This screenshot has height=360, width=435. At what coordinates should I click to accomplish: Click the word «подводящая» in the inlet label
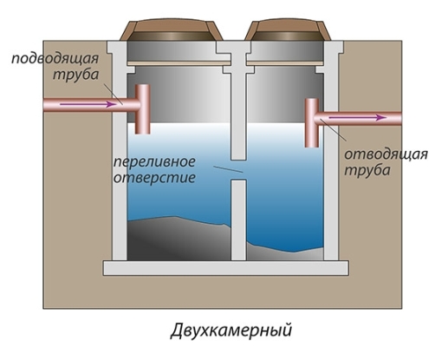coord(55,59)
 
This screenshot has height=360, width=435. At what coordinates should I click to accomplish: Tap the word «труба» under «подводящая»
coord(75,75)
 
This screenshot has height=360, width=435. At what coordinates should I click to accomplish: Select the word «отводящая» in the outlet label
coord(386,154)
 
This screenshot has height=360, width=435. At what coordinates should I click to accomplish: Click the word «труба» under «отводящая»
coord(367,170)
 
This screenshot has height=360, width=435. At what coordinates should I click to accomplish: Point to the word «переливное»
coord(154,162)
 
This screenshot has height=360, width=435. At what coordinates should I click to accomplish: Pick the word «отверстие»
coord(154,177)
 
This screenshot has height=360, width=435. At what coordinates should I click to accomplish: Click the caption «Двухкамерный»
coord(231,330)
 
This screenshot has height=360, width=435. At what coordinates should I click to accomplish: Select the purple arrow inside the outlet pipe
coord(358,118)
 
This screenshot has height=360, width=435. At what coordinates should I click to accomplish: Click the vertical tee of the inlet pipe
coord(142,109)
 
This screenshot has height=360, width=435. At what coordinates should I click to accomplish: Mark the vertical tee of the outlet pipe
coord(312,123)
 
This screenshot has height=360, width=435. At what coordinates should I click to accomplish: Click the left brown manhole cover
coord(171,30)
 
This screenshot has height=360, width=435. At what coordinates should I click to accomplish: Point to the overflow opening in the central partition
coord(238,170)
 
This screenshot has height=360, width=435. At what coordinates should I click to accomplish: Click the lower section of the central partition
coord(238,220)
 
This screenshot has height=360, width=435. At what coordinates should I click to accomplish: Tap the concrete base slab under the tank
coord(226,268)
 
